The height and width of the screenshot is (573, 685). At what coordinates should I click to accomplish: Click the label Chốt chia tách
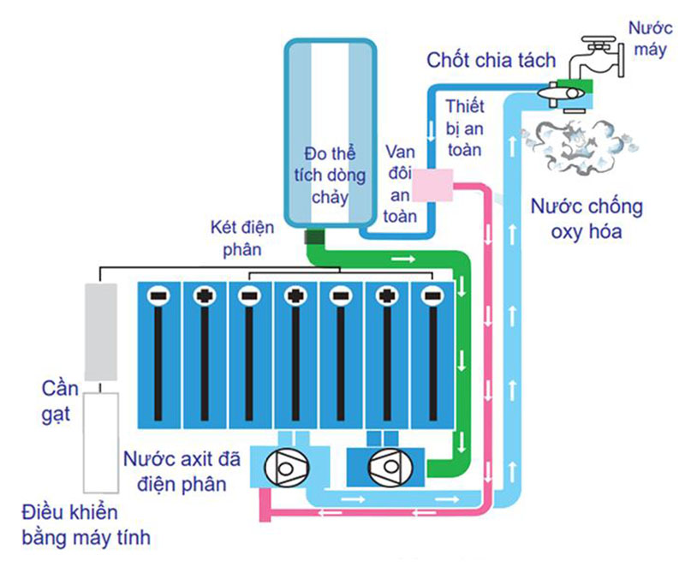492,60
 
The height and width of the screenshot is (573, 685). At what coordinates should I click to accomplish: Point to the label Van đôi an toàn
400,183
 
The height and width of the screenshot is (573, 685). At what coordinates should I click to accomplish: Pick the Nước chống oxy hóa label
586,220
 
